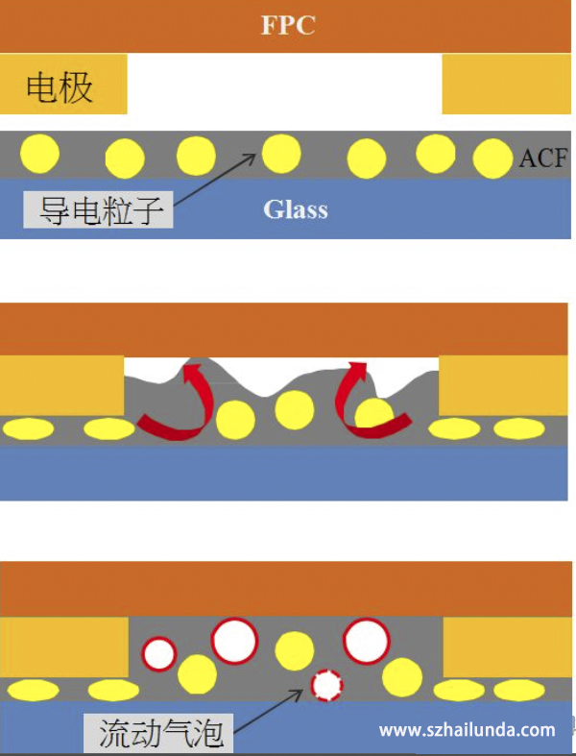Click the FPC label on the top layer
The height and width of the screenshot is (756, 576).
pos(288,25)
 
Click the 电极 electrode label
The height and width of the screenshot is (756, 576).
pos(60,88)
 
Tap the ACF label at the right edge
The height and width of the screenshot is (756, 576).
pos(543,159)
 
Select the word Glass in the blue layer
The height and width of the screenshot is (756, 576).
pos(296,209)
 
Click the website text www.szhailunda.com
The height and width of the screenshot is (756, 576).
pos(467,730)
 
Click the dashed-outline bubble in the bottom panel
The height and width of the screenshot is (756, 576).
pos(327,684)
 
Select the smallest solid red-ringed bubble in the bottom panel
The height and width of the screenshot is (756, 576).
pos(159,654)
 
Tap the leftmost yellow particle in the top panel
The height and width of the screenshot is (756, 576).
pos(40,154)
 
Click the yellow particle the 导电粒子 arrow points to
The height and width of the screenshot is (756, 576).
pos(281,153)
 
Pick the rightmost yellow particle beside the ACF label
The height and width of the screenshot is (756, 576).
pos(492,159)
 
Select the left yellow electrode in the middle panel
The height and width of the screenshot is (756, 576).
pos(61,385)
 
